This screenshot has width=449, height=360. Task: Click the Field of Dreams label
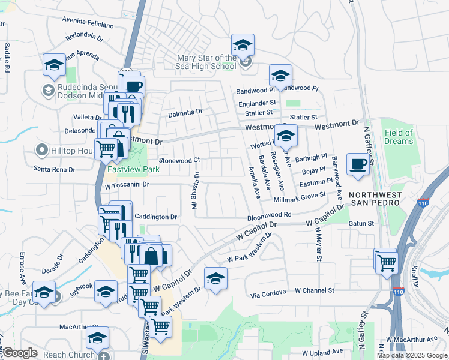(399, 137)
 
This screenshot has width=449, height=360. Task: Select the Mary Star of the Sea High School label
(206, 62)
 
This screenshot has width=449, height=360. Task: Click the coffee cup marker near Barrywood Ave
(359, 164)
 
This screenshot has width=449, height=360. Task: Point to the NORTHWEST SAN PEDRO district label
(375, 199)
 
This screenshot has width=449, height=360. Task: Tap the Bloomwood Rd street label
(270, 215)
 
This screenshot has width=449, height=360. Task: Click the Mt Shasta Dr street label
(194, 190)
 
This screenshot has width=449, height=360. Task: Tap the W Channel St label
(314, 290)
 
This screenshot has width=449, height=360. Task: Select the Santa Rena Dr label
(54, 170)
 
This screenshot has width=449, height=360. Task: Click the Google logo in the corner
(20, 353)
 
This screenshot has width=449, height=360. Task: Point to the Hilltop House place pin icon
(41, 149)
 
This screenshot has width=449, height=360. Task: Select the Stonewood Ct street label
(179, 161)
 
